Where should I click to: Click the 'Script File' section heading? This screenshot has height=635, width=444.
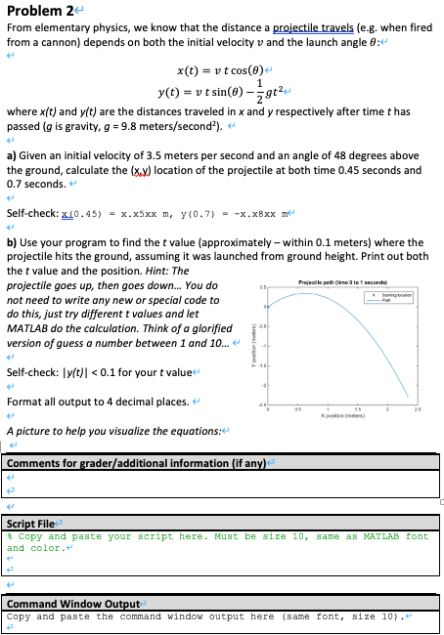click(29, 525)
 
